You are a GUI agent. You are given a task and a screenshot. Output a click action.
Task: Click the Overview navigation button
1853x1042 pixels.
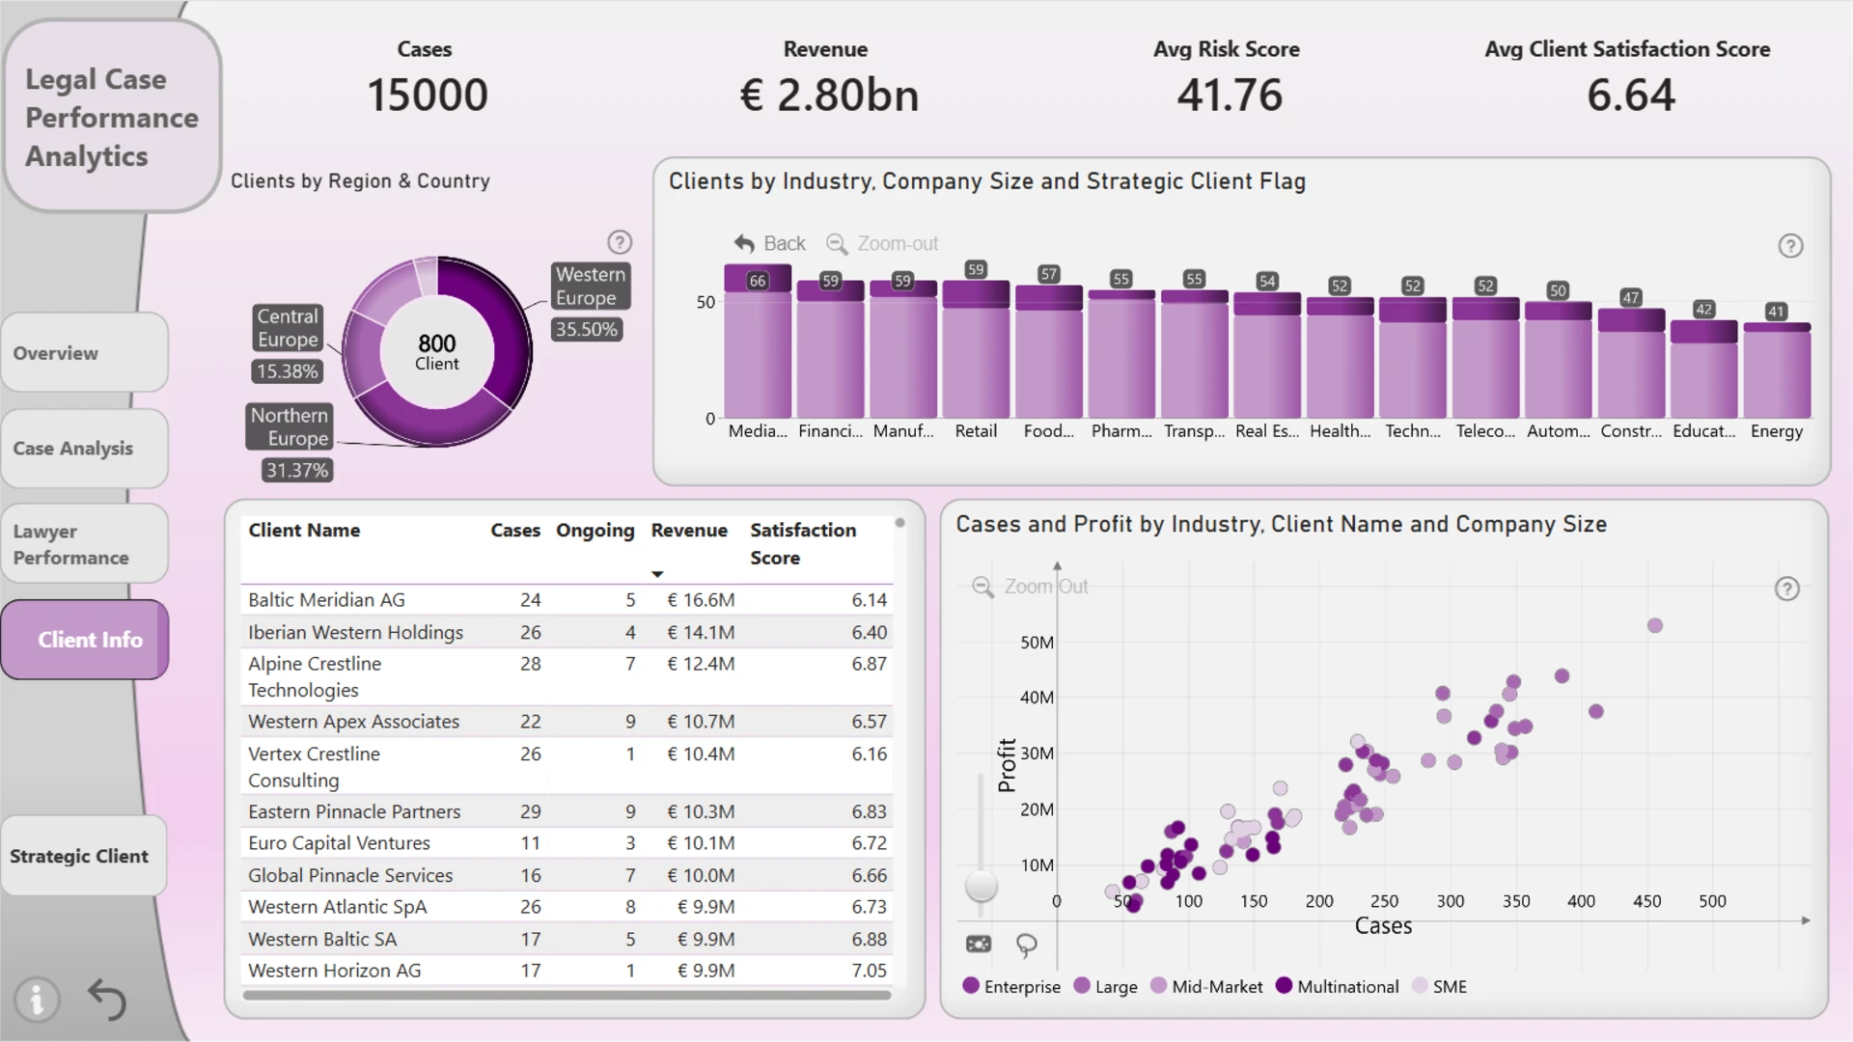pyautogui.click(x=85, y=353)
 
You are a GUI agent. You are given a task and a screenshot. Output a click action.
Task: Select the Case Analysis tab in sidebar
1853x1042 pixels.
pyautogui.click(x=85, y=449)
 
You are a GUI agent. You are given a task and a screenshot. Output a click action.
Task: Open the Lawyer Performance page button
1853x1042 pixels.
pyautogui.click(x=85, y=544)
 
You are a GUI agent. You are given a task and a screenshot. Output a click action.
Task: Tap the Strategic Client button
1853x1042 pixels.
pyautogui.click(x=83, y=856)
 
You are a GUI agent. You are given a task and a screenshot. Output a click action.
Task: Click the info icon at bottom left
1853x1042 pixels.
pyautogui.click(x=37, y=1000)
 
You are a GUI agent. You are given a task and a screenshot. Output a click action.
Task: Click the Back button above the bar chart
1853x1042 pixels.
pyautogui.click(x=769, y=244)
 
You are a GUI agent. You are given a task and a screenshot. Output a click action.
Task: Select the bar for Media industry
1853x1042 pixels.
pyautogui.click(x=758, y=342)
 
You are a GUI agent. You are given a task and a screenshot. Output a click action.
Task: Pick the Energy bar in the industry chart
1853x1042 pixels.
pyautogui.click(x=1777, y=370)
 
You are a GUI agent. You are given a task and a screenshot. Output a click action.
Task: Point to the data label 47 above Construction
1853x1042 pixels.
pyautogui.click(x=1631, y=297)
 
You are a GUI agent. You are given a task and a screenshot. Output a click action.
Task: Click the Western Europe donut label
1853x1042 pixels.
pyautogui.click(x=591, y=287)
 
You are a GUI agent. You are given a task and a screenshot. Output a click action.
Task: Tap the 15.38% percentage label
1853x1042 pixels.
pyautogui.click(x=288, y=371)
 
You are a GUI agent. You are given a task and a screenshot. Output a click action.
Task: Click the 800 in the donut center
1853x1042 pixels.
pyautogui.click(x=437, y=343)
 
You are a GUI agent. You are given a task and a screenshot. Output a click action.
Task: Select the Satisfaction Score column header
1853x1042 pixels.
pyautogui.click(x=803, y=544)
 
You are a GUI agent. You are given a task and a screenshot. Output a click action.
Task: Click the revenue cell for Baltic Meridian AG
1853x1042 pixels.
pyautogui.click(x=701, y=600)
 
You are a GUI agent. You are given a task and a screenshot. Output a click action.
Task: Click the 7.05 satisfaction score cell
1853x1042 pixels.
pyautogui.click(x=869, y=971)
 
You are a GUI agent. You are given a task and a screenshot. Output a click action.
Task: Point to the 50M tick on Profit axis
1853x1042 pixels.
pyautogui.click(x=1037, y=643)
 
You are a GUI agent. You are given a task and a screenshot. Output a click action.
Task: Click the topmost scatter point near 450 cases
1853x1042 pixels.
pyautogui.click(x=1655, y=626)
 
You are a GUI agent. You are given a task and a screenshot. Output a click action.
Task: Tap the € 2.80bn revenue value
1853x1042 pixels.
pyautogui.click(x=829, y=96)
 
